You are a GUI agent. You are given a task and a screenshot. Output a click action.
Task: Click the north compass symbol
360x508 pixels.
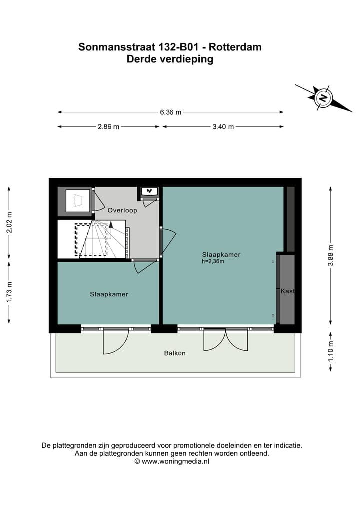coord(323,97)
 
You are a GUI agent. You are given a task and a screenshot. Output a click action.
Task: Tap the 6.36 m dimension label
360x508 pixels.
coord(170,112)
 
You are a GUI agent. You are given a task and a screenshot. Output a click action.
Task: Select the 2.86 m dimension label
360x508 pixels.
coord(108,127)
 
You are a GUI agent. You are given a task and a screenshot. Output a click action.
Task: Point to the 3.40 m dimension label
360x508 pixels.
coord(223,127)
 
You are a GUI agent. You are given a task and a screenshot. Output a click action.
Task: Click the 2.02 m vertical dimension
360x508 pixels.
coord(8,223)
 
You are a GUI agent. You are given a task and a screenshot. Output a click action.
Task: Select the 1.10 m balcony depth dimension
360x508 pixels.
coord(330,351)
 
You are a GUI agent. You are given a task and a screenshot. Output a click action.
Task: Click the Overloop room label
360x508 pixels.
coord(122,210)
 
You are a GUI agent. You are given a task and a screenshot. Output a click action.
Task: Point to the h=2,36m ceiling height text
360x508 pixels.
coord(213,261)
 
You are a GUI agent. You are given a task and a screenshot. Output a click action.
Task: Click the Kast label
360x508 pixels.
coord(287,291)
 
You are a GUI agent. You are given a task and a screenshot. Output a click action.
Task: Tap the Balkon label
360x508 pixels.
coord(175,353)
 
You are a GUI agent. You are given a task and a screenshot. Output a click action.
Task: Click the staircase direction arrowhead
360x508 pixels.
coord(111,225)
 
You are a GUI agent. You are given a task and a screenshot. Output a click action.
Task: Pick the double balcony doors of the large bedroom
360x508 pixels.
coord(225,339)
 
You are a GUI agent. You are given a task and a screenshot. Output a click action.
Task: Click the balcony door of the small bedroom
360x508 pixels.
coord(116,341)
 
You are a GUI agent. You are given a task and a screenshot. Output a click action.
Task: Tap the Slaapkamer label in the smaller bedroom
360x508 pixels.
coord(109,294)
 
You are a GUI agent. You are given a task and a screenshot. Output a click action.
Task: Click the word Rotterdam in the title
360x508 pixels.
coord(235,47)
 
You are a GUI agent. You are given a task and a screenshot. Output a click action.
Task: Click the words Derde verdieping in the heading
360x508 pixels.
coord(170,59)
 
